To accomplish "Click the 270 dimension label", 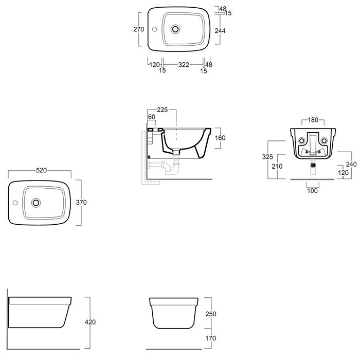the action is pyautogui.click(x=139, y=29).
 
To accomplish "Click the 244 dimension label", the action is pyautogui.click(x=220, y=31).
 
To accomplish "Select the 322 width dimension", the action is pyautogui.click(x=184, y=65).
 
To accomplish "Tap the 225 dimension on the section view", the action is pyautogui.click(x=163, y=110).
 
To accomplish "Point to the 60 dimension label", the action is pyautogui.click(x=152, y=117).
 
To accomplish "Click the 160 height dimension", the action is pyautogui.click(x=220, y=138).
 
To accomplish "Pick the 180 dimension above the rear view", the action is pyautogui.click(x=313, y=120).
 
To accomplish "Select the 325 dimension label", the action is pyautogui.click(x=268, y=157).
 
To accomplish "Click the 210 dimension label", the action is pyautogui.click(x=277, y=167).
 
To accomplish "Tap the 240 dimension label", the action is pyautogui.click(x=351, y=165).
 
